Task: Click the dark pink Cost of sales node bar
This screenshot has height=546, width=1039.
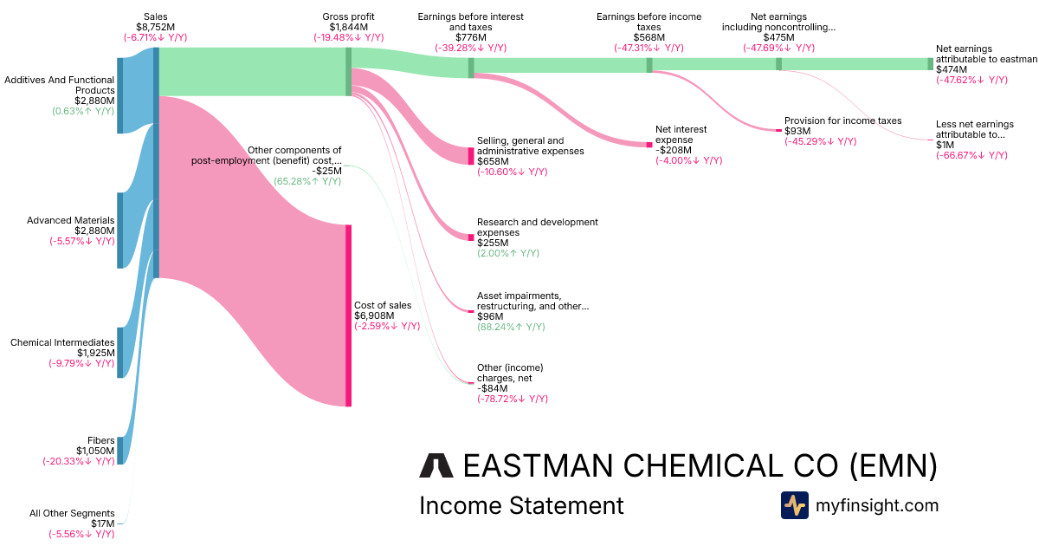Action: pos(348,315)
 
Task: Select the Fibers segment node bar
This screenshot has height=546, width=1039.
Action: pos(120,451)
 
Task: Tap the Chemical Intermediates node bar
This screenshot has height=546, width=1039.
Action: pos(120,353)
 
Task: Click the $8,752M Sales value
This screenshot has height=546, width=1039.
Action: pos(155,27)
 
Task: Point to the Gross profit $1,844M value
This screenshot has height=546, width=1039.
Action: pos(349,27)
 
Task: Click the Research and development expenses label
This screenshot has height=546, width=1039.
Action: pos(537,227)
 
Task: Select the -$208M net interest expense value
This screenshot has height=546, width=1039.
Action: pos(674,150)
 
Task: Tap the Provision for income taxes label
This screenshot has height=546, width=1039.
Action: pos(842,120)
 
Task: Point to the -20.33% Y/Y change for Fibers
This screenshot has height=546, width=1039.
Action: pos(79,461)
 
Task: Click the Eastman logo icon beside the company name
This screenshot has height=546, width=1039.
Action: pos(436,465)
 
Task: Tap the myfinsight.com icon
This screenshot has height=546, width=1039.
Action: pos(794,505)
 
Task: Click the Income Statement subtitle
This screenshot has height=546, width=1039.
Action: pos(520,505)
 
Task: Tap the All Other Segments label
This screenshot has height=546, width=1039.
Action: pos(72,513)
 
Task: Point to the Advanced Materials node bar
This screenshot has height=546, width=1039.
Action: pos(120,231)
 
